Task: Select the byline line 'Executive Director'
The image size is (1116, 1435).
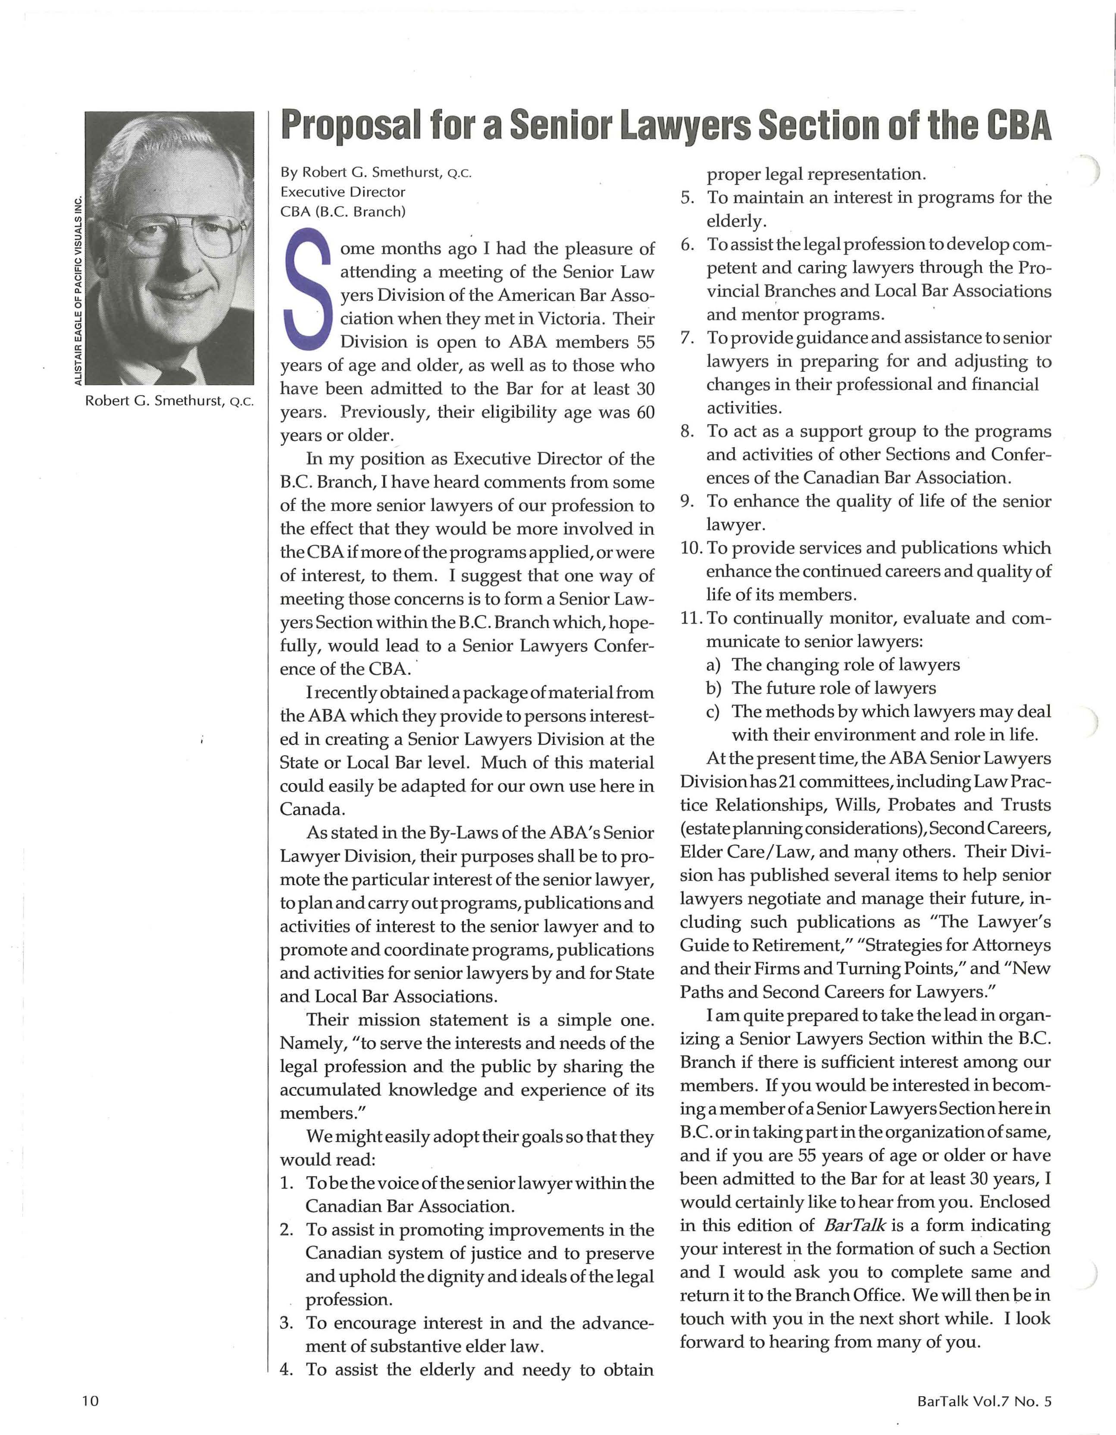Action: [342, 192]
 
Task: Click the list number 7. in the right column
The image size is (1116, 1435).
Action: [688, 338]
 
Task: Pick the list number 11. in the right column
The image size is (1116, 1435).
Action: [690, 618]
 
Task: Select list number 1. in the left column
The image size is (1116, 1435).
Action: [287, 1183]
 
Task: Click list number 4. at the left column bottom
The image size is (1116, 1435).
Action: [287, 1370]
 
